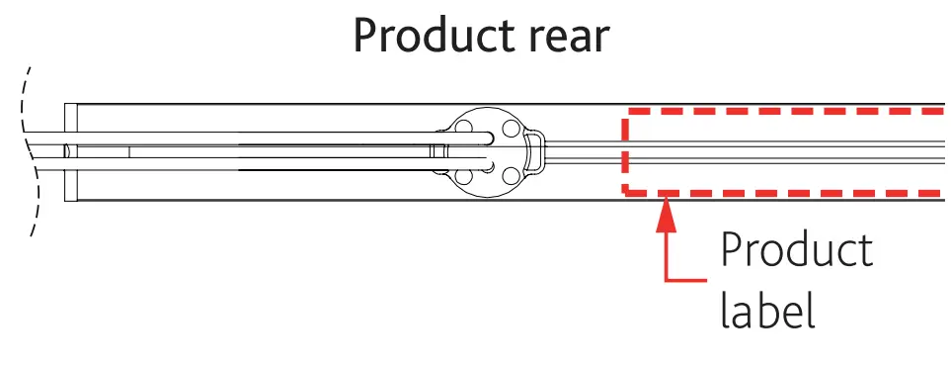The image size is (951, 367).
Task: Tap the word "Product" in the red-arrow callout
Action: click(x=796, y=251)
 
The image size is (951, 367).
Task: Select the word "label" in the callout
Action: click(x=766, y=310)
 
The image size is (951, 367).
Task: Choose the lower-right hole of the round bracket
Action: click(x=510, y=176)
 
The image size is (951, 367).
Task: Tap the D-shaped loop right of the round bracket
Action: click(x=534, y=152)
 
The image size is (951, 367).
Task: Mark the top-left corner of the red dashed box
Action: click(x=625, y=115)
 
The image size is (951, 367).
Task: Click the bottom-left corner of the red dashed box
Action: click(x=625, y=191)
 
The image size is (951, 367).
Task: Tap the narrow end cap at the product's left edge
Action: click(x=70, y=152)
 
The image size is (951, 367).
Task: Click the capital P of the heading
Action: click(x=365, y=37)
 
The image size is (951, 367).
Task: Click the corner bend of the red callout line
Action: click(x=669, y=281)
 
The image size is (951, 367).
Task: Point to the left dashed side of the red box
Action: click(x=625, y=152)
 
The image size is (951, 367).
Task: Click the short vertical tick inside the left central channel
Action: click(x=129, y=152)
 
